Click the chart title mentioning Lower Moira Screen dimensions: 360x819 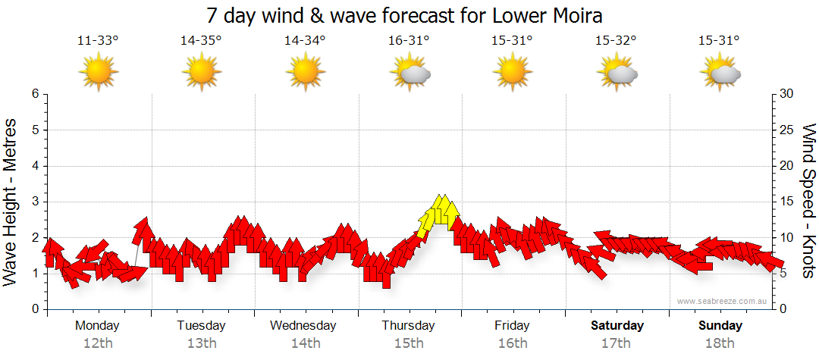pos(409,16)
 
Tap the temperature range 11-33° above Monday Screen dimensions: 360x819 pos(98,41)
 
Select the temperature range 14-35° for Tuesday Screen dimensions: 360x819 pos(201,41)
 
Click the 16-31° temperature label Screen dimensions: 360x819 pos(409,41)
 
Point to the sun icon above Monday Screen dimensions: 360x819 pos(99,73)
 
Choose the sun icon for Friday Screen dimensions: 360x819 pos(513,73)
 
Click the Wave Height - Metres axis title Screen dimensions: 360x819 pos(11,202)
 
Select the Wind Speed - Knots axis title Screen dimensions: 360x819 pos(808,202)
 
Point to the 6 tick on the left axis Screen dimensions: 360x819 pos(35,94)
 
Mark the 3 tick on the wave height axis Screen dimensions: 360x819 pos(35,202)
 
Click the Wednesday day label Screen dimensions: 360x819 pos(303,326)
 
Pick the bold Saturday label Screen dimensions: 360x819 pos(617,326)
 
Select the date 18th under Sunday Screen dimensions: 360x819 pos(720,343)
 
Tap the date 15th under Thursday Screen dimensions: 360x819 pos(409,343)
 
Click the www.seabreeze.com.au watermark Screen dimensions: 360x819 pos(723,301)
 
